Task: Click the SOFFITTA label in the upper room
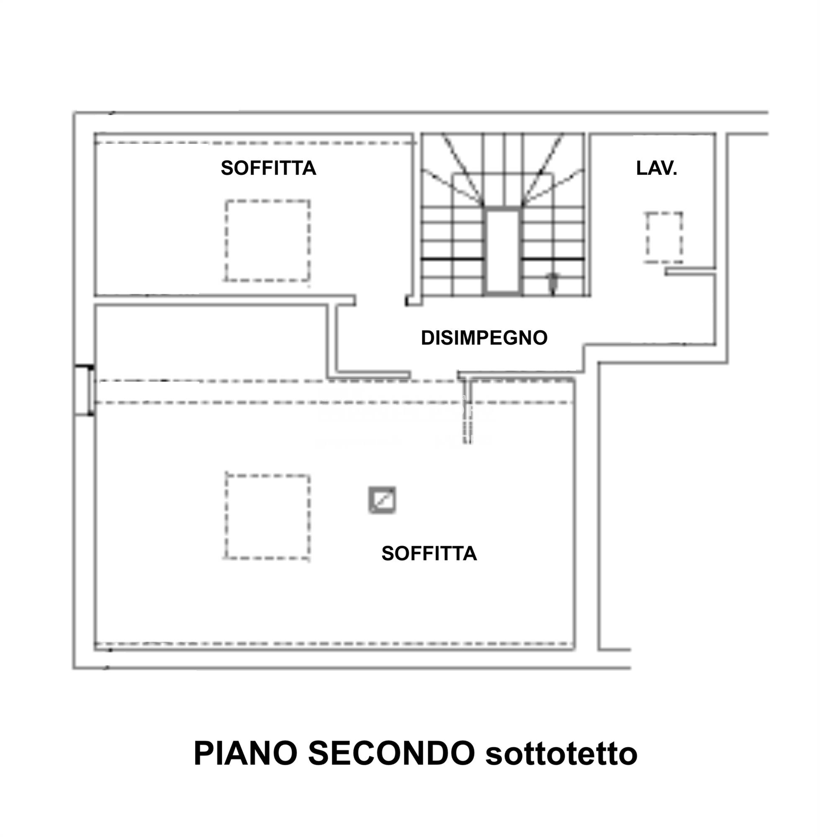268,168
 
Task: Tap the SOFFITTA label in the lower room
429,553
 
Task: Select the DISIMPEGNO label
484,338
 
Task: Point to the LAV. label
656,168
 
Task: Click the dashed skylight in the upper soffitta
267,241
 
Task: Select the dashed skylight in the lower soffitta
267,516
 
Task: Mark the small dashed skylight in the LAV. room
664,237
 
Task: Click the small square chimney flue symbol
382,500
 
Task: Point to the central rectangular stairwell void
503,251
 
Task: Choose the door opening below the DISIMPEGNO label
434,374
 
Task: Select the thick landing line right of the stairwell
553,259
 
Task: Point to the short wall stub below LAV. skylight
690,271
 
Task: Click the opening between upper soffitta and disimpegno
380,300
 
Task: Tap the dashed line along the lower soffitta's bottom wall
334,644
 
